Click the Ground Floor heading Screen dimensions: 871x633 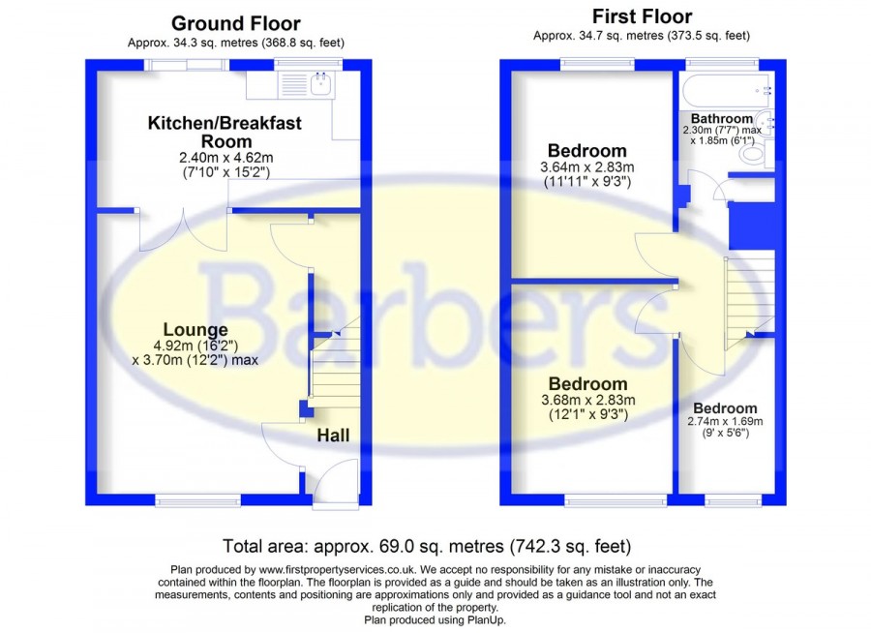pos(235,23)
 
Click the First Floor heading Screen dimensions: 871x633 pos(642,16)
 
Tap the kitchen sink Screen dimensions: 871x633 pos(321,85)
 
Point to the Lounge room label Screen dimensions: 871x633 pos(195,329)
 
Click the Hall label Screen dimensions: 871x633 pos(333,435)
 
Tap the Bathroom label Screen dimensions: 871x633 pos(722,118)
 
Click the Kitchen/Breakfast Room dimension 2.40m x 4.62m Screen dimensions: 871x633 pos(226,158)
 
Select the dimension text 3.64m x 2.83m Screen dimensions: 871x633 pos(587,167)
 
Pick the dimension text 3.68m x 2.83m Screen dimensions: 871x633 pos(588,400)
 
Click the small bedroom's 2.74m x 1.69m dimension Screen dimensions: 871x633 pos(725,421)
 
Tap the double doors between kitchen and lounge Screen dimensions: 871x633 pos(183,230)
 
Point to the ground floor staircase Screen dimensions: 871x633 pos(335,362)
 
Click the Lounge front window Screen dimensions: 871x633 pos(198,500)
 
